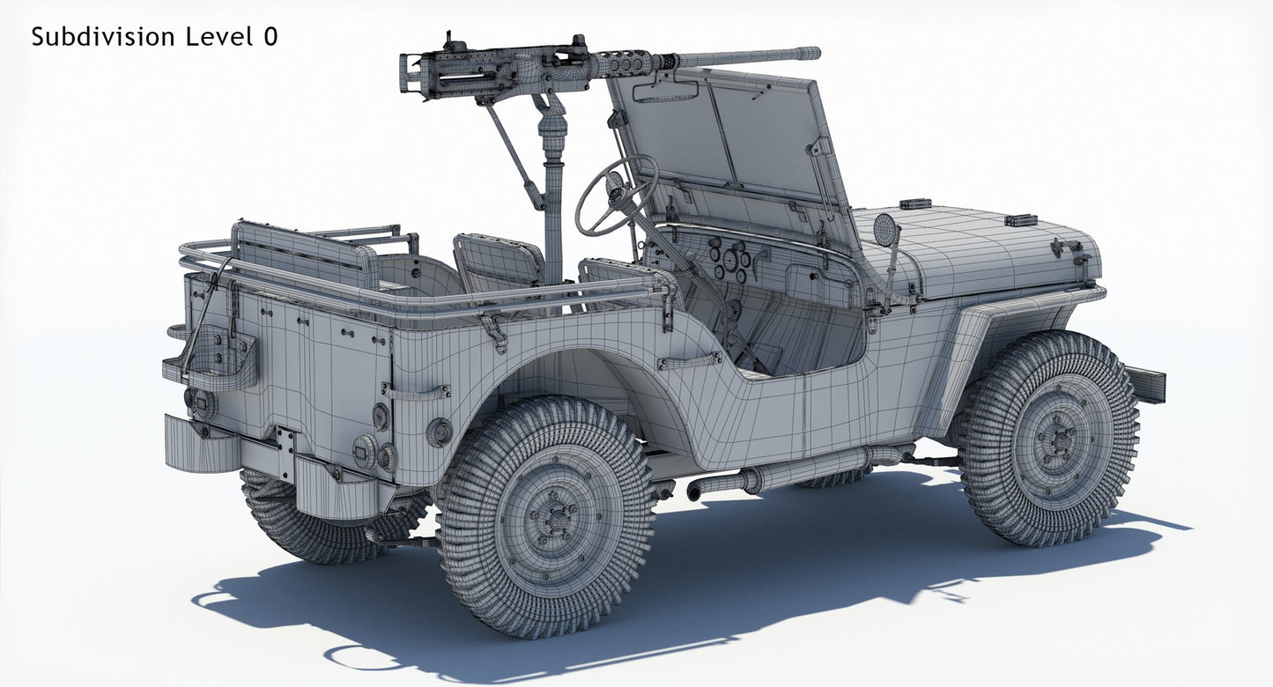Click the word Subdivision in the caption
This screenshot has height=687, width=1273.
[x=102, y=37]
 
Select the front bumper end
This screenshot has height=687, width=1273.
[x=1148, y=383]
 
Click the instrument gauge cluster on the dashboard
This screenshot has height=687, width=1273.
[x=731, y=259]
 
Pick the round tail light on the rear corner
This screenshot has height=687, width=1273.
[x=438, y=432]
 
